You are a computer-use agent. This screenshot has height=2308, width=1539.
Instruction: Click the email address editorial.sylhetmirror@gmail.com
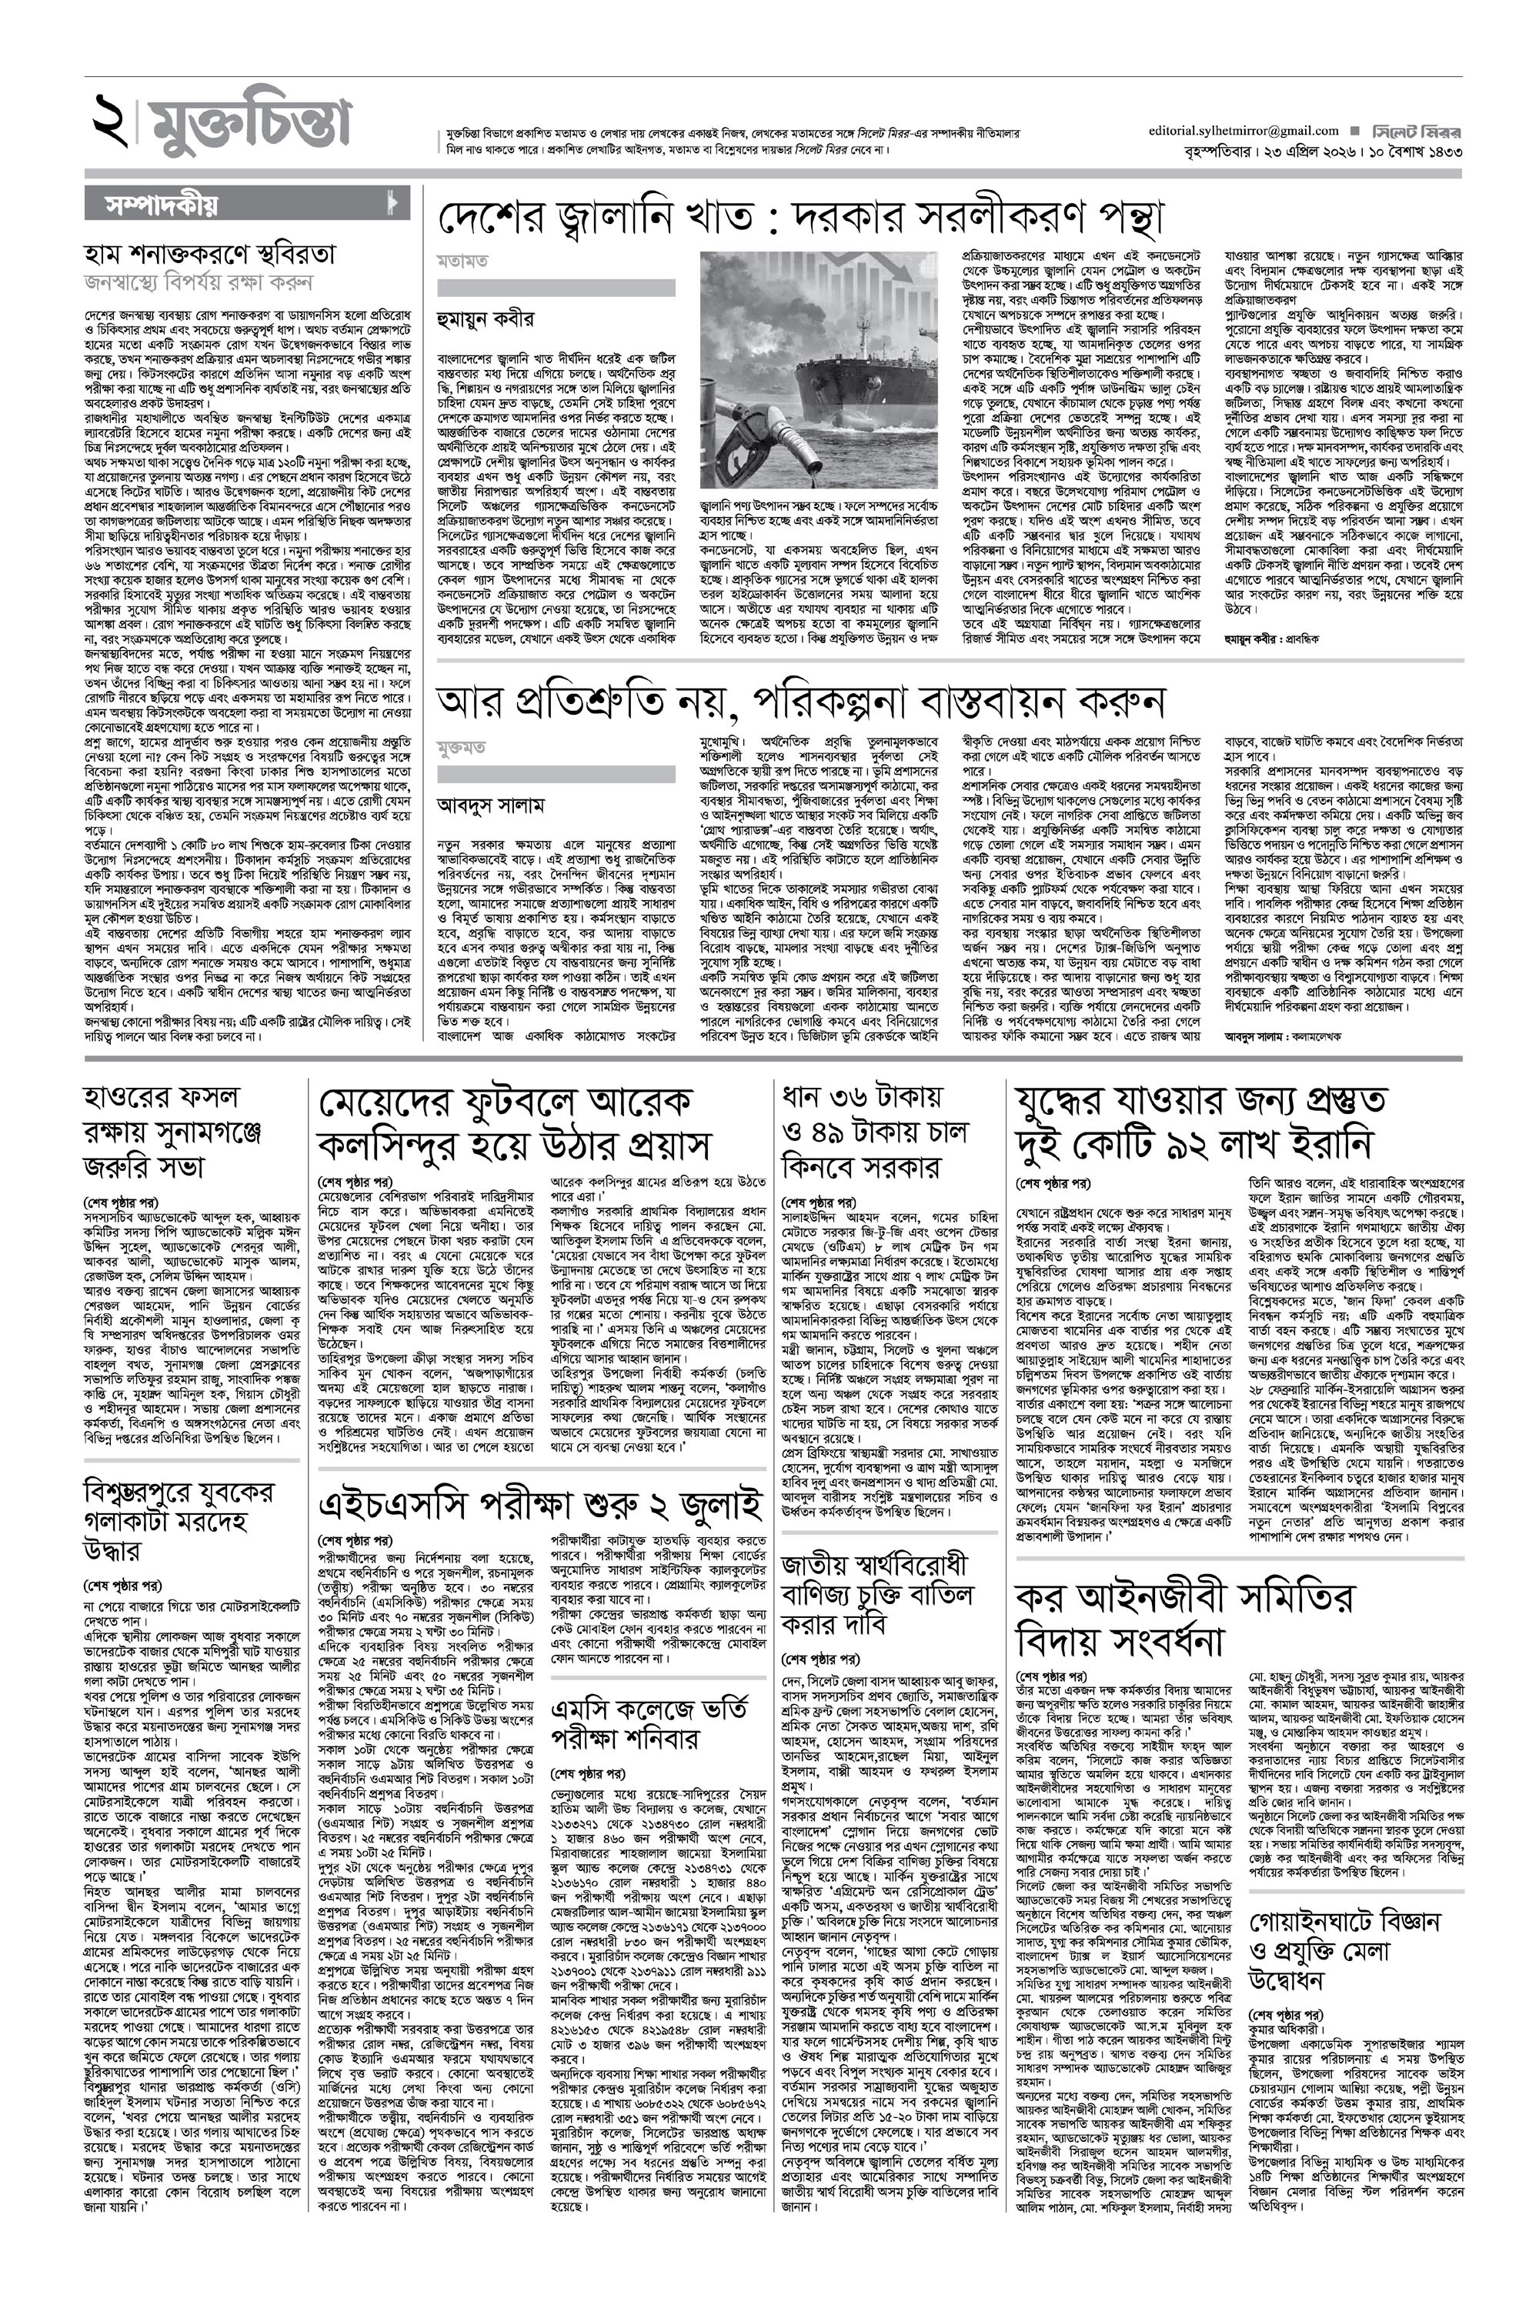[x=1244, y=131]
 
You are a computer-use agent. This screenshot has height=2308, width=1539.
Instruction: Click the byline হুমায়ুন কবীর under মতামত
[x=486, y=320]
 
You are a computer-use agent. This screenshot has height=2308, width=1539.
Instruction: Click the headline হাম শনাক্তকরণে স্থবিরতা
[x=210, y=255]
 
